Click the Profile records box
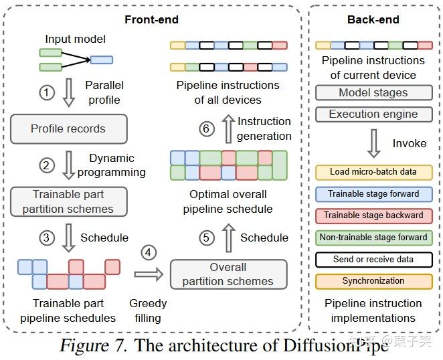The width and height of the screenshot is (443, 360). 69,129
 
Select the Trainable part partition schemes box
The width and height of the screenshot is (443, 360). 69,201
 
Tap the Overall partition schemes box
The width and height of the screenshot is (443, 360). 229,274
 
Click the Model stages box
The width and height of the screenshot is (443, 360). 374,93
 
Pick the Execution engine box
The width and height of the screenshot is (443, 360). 374,114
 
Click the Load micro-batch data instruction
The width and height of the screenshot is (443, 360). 374,173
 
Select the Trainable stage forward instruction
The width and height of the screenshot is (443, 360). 374,194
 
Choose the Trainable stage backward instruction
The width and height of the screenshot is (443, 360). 374,216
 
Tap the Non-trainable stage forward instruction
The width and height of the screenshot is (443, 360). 374,238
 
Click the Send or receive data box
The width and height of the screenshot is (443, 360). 374,260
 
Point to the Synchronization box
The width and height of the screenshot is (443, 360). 374,281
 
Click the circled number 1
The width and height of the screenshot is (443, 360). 47,92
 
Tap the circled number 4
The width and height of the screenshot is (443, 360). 149,252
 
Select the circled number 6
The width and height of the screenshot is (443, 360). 207,129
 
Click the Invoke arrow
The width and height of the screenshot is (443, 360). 374,143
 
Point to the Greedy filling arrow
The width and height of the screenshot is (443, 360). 149,274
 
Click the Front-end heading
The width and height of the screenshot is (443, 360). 151,19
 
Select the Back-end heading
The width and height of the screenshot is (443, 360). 373,19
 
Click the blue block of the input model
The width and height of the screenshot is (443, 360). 102,60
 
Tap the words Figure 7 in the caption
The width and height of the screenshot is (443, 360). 94,345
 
